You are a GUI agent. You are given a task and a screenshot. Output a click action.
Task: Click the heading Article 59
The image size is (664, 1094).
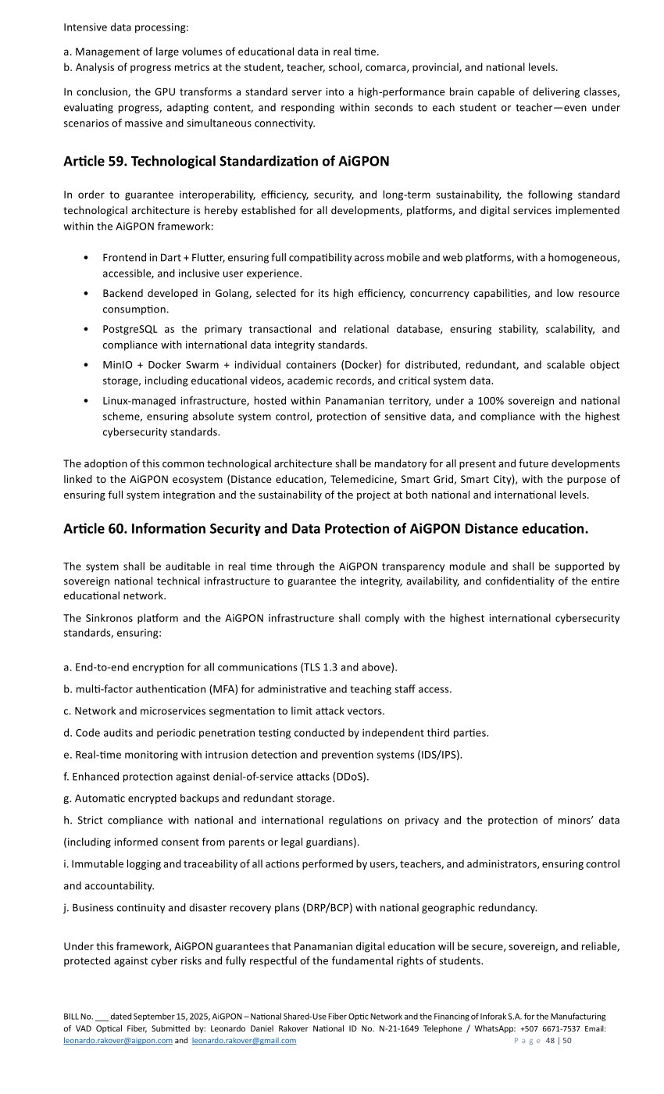point(226,162)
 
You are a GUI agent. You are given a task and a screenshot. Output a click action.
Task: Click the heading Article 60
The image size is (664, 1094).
point(325,529)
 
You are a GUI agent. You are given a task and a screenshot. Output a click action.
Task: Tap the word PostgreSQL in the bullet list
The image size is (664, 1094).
point(130,329)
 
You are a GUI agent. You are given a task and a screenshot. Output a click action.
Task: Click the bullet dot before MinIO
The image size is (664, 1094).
point(84,365)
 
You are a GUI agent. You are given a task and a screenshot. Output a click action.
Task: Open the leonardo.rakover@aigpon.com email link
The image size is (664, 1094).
point(118,1041)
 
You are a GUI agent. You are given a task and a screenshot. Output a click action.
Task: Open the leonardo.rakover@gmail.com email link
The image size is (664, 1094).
point(244,1041)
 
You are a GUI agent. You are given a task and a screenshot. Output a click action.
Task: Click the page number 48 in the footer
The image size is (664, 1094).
point(550,1041)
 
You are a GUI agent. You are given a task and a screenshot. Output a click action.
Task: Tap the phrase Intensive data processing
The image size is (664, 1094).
point(126,27)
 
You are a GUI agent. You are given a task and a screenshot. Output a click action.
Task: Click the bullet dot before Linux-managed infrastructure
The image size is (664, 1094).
point(84,401)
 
